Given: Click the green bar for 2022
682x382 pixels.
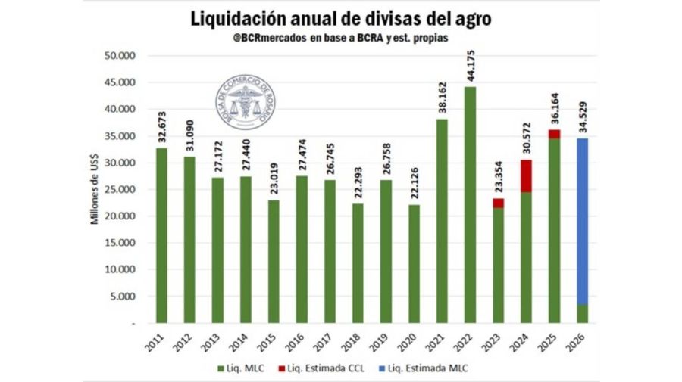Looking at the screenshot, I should [x=471, y=204].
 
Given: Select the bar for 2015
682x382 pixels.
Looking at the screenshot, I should [x=274, y=261].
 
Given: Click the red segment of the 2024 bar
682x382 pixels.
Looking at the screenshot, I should [x=526, y=176].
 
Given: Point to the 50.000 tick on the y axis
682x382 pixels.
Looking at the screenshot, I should [x=119, y=56].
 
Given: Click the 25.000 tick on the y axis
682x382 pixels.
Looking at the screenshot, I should [x=119, y=189].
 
